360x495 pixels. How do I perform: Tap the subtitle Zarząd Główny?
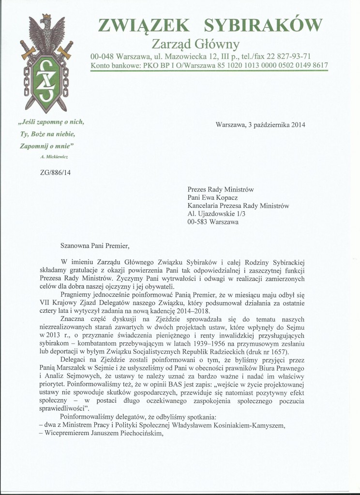tap(196, 44)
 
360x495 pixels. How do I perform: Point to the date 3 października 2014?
tap(274, 124)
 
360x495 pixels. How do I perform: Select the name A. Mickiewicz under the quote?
tap(54, 158)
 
